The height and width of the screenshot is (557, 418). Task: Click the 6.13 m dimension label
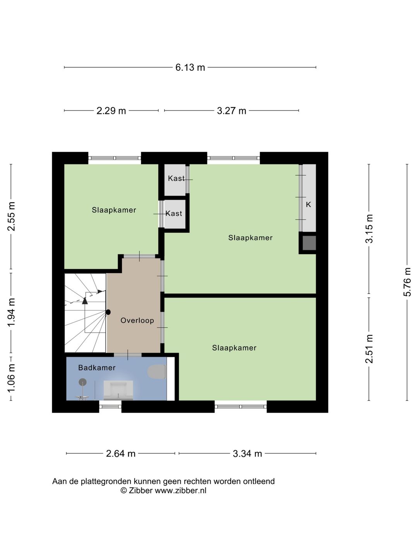tap(190, 67)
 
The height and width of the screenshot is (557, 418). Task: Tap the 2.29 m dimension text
tap(111, 111)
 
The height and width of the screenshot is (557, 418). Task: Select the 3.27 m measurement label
tap(231, 111)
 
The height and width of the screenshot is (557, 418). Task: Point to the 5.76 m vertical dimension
tap(407, 282)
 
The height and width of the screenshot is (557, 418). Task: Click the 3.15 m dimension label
tap(369, 229)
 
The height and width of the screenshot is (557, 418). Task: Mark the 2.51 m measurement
tap(369, 349)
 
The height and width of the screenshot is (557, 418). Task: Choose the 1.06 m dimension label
tap(11, 377)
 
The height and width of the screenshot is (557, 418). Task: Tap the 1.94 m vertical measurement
tap(11, 312)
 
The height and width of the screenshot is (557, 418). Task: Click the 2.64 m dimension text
tap(121, 453)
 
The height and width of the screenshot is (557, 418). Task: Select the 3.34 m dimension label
tap(247, 453)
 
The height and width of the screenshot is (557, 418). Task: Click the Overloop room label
tap(137, 320)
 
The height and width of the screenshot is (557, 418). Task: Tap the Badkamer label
tap(97, 367)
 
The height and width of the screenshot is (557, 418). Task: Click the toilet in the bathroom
tap(157, 372)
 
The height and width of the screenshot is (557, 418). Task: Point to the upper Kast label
tap(176, 178)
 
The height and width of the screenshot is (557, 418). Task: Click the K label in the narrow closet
tap(308, 204)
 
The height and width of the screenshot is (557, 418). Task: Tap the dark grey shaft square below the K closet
tap(309, 243)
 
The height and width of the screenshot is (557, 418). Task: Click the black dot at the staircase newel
tap(108, 312)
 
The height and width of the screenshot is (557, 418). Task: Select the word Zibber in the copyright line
tap(141, 490)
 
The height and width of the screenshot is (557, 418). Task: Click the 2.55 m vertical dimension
tap(11, 216)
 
